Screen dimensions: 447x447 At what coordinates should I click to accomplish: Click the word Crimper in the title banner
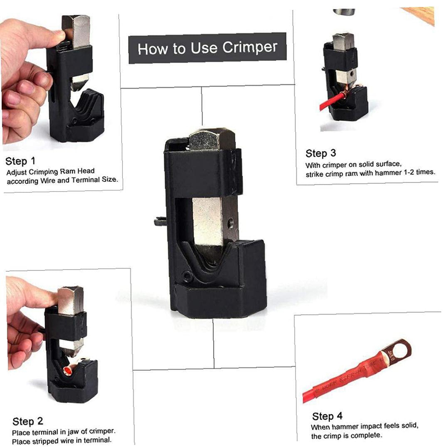[250, 47]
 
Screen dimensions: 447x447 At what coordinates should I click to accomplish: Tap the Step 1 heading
[20, 161]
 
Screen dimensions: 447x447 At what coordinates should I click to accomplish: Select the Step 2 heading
[28, 421]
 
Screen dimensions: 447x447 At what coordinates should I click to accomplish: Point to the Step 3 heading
[321, 153]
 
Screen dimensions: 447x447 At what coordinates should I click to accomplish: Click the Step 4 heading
[327, 416]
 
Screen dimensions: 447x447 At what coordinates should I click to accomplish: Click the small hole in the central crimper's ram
[230, 222]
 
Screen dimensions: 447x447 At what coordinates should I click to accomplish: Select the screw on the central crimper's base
[187, 276]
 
